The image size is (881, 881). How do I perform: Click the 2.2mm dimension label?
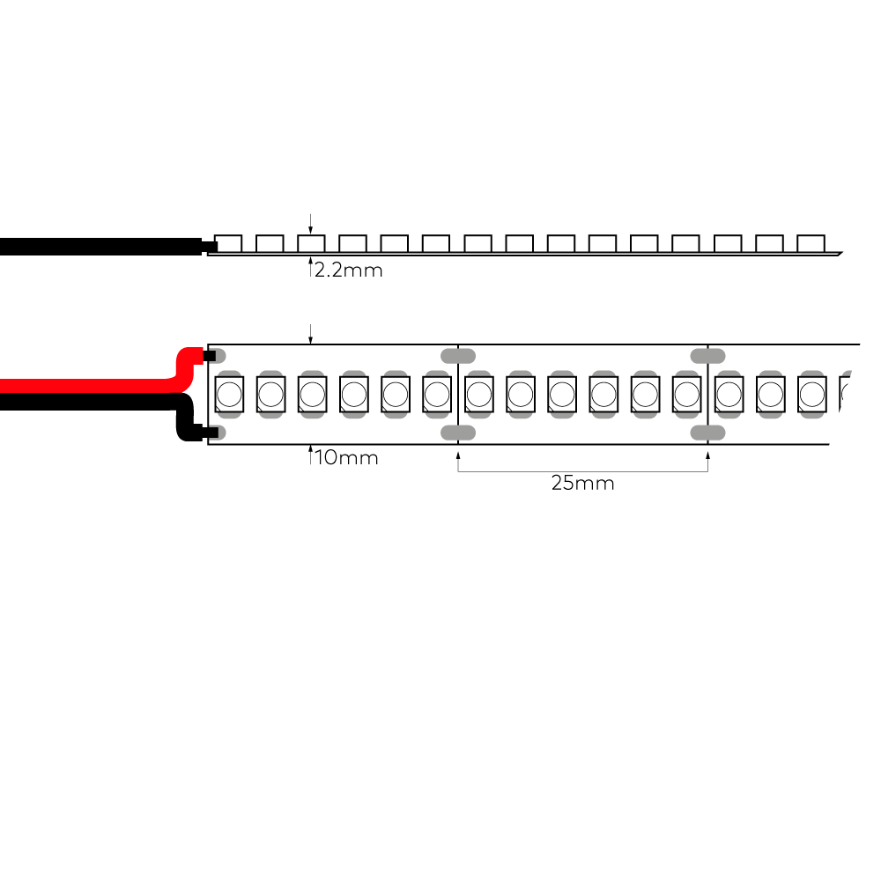[348, 270]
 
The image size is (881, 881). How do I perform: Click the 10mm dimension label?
[346, 457]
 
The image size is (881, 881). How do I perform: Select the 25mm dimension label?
[582, 483]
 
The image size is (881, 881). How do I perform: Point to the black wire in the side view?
[101, 247]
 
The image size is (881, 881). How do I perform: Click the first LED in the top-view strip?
[229, 395]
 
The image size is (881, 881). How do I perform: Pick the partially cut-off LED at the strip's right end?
[845, 395]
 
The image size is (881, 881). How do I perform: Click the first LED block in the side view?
[228, 243]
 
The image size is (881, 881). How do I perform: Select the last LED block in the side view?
[811, 243]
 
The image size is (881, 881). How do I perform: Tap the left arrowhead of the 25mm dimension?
[458, 455]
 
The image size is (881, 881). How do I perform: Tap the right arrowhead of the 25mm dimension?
[708, 455]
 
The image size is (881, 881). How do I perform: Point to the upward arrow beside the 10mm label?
[310, 455]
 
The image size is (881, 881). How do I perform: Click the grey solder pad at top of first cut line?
[458, 356]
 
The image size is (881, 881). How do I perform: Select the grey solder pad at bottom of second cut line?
[708, 433]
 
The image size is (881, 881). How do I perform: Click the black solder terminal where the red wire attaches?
[209, 356]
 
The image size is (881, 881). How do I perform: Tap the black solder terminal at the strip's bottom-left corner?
[211, 433]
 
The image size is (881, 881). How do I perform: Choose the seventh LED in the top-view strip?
[479, 395]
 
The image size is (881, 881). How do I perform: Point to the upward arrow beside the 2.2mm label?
[310, 266]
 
